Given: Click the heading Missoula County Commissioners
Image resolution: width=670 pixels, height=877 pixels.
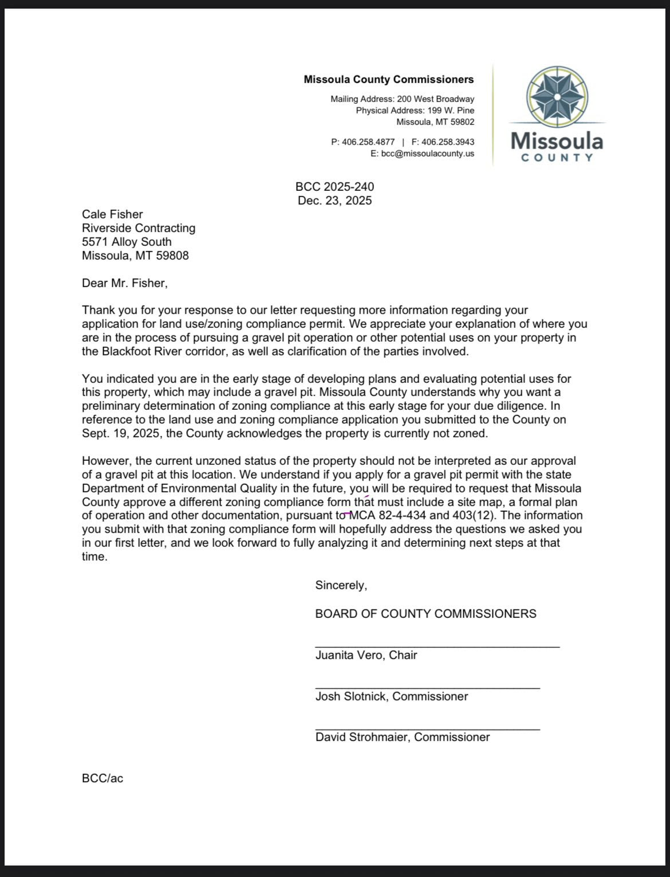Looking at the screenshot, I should pyautogui.click(x=389, y=80).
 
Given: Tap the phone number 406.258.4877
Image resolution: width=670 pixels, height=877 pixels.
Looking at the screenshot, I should pyautogui.click(x=368, y=142).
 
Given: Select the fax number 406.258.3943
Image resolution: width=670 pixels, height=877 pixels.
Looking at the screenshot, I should pyautogui.click(x=447, y=142).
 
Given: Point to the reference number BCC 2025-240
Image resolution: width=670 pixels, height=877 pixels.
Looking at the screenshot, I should pyautogui.click(x=334, y=187).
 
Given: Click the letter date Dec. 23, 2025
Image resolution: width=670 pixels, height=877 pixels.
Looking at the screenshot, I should pyautogui.click(x=334, y=201).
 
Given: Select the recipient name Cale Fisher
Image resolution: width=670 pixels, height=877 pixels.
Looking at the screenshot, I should pyautogui.click(x=112, y=214).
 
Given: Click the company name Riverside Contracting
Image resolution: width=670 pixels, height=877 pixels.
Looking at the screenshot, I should pyautogui.click(x=139, y=228).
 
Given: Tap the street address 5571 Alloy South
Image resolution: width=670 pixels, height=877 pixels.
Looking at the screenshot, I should pyautogui.click(x=127, y=242).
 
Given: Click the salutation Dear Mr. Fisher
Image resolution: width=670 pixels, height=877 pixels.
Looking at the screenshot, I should pyautogui.click(x=125, y=283).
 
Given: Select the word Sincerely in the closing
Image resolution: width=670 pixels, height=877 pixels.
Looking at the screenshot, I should pyautogui.click(x=341, y=585).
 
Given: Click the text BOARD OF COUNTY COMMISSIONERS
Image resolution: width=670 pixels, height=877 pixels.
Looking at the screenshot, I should pyautogui.click(x=425, y=614).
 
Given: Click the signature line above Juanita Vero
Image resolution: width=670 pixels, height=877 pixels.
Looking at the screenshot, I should pyautogui.click(x=437, y=647).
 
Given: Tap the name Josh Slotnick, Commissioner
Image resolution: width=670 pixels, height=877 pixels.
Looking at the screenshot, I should pyautogui.click(x=392, y=696).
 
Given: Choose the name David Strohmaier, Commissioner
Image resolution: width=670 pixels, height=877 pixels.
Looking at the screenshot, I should pyautogui.click(x=403, y=737).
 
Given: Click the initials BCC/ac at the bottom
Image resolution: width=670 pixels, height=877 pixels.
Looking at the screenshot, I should pyautogui.click(x=103, y=778).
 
